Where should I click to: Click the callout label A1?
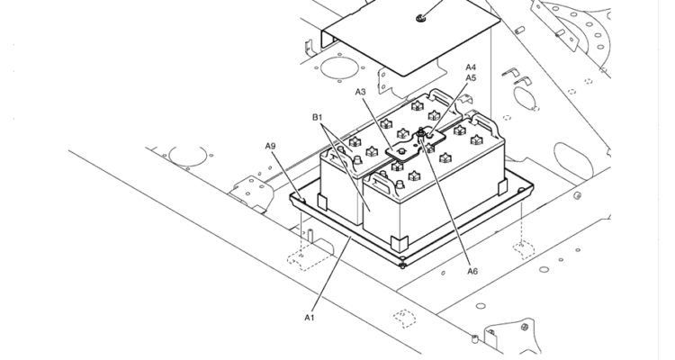(310, 318)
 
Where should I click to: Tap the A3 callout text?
(360, 92)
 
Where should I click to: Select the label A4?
(471, 67)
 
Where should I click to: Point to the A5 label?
(471, 78)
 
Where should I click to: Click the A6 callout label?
(472, 271)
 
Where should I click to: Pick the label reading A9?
(270, 147)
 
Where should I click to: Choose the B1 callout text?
(318, 117)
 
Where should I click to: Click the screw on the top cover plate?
(420, 18)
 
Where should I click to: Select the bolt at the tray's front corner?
(402, 265)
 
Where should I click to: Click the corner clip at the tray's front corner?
(399, 243)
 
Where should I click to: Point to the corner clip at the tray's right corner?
(502, 187)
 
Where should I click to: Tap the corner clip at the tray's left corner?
(322, 202)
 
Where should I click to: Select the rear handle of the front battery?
(486, 121)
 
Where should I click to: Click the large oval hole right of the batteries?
(573, 161)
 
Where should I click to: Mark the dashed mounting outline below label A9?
(309, 259)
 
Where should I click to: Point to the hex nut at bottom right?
(525, 327)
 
